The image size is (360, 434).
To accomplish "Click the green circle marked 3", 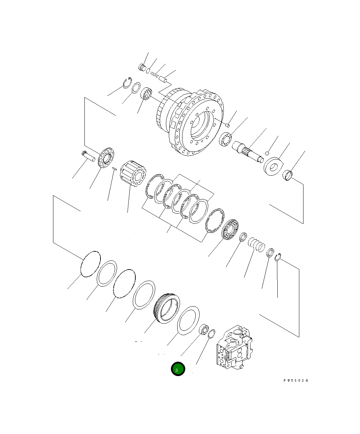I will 178,369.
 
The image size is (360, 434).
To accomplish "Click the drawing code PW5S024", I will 296,381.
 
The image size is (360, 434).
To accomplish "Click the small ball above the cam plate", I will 267,153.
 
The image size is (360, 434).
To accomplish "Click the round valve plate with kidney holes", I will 106,157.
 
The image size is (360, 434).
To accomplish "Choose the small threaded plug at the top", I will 142,67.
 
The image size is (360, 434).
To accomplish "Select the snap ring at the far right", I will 278,258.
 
